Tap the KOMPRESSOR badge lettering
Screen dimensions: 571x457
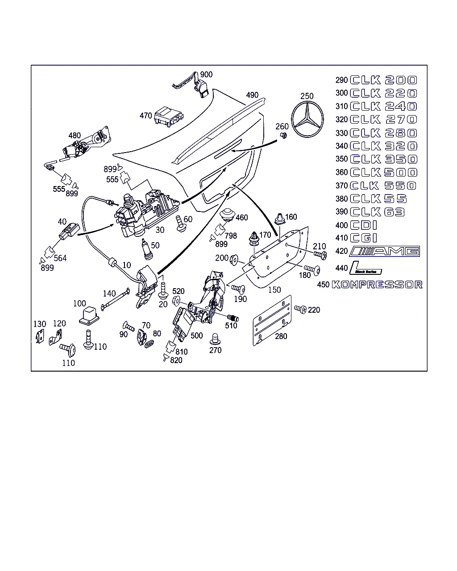(x=377, y=285)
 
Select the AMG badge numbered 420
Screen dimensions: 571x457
(x=385, y=251)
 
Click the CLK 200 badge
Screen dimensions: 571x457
(x=384, y=80)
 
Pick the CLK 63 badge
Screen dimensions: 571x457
(x=378, y=212)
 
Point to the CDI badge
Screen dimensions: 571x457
(x=364, y=225)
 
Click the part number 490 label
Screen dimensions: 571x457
(x=252, y=95)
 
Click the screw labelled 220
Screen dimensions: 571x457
(x=300, y=309)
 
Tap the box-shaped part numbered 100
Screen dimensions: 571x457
(x=89, y=314)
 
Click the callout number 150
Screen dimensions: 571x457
(x=274, y=290)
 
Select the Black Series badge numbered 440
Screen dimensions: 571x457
(x=366, y=268)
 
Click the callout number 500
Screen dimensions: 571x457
(x=196, y=335)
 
